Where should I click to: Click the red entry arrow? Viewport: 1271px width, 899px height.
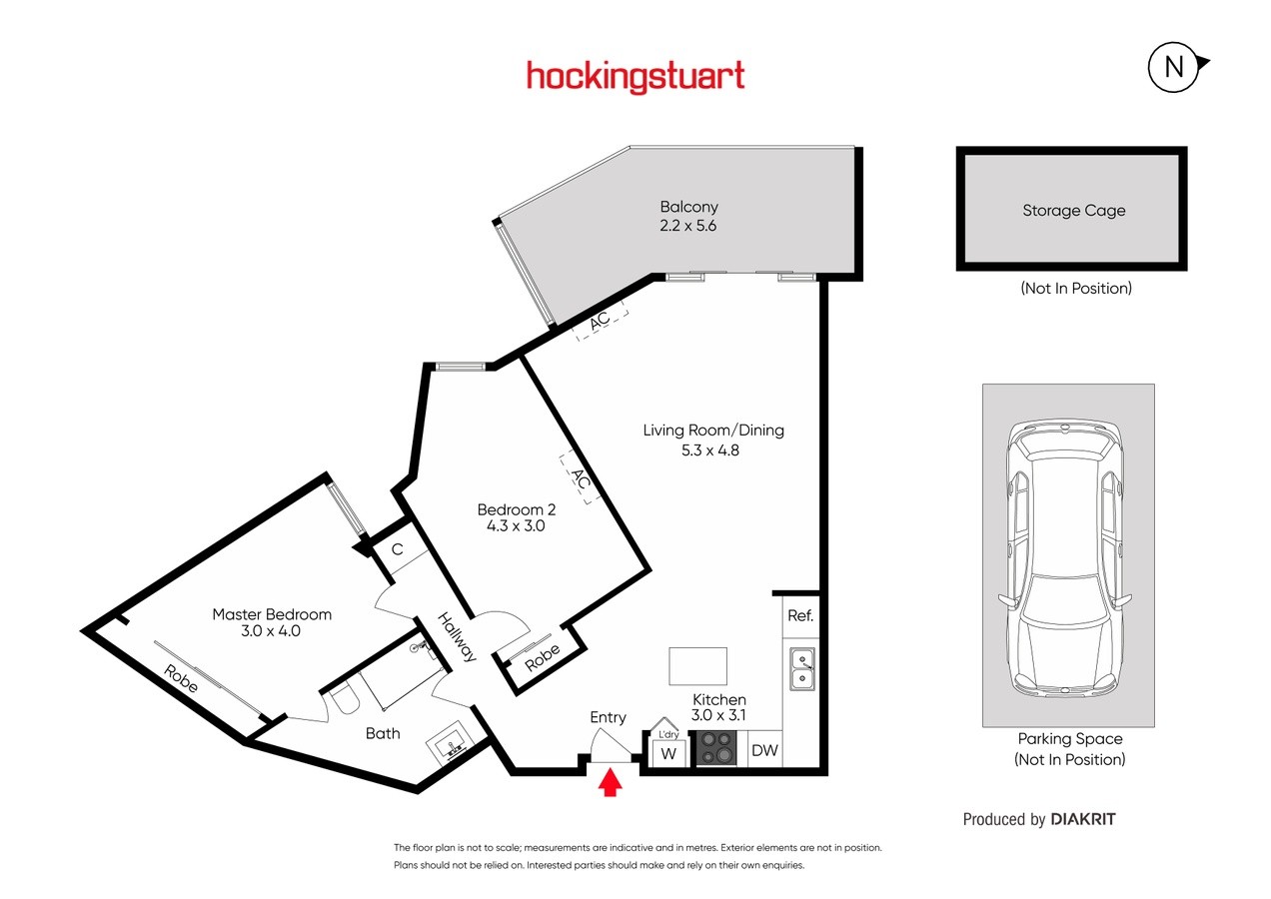(x=610, y=782)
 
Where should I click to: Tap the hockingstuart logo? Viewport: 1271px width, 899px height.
(x=635, y=77)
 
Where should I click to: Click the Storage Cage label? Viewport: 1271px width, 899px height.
(x=1073, y=211)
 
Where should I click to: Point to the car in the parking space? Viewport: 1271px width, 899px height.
(x=1065, y=558)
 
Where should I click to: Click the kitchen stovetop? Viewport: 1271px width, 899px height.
(x=716, y=748)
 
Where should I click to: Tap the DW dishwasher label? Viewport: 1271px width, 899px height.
(x=764, y=750)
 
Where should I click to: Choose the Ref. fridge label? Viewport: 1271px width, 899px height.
(x=800, y=615)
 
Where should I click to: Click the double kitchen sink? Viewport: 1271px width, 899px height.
(x=802, y=669)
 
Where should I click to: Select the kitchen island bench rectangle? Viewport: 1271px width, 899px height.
(x=697, y=666)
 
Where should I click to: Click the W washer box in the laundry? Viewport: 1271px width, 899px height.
(x=668, y=753)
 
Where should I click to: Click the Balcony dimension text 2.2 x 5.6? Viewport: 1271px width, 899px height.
(x=687, y=226)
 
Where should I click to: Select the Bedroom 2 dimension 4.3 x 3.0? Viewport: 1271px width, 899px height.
(x=516, y=525)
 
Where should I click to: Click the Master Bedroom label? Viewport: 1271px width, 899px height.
(x=272, y=614)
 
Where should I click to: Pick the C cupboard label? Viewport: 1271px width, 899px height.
(x=398, y=549)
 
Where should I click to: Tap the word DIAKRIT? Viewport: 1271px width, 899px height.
(x=1083, y=819)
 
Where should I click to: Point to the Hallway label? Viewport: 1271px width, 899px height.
(x=457, y=637)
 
